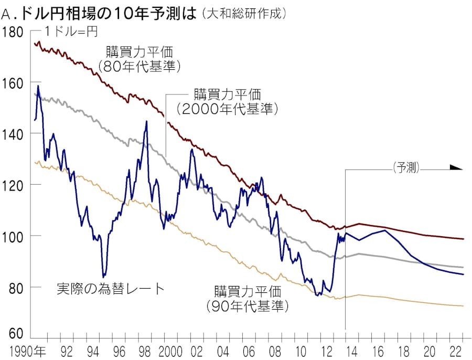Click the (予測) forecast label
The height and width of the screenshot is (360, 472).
coord(408,168)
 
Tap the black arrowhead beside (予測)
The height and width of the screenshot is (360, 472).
coord(456,168)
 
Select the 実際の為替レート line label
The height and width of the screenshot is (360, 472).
coord(110,289)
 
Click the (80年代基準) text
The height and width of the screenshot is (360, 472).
coord(140,67)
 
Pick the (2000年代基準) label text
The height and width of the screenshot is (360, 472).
coord(227,109)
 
